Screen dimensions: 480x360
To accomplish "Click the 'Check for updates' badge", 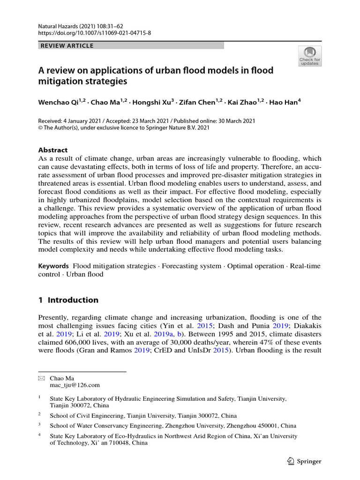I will [310, 56].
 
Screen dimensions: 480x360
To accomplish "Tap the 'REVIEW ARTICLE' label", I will [67, 45].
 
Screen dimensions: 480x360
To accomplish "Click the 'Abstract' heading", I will [52, 150].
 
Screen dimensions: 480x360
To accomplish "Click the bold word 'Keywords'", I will [53, 266].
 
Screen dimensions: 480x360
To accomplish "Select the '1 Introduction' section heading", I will [68, 300].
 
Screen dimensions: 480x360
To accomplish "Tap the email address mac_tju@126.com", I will [75, 385].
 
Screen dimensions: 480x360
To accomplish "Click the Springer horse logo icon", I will [291, 461].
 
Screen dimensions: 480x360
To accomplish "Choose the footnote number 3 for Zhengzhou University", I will [40, 425].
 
